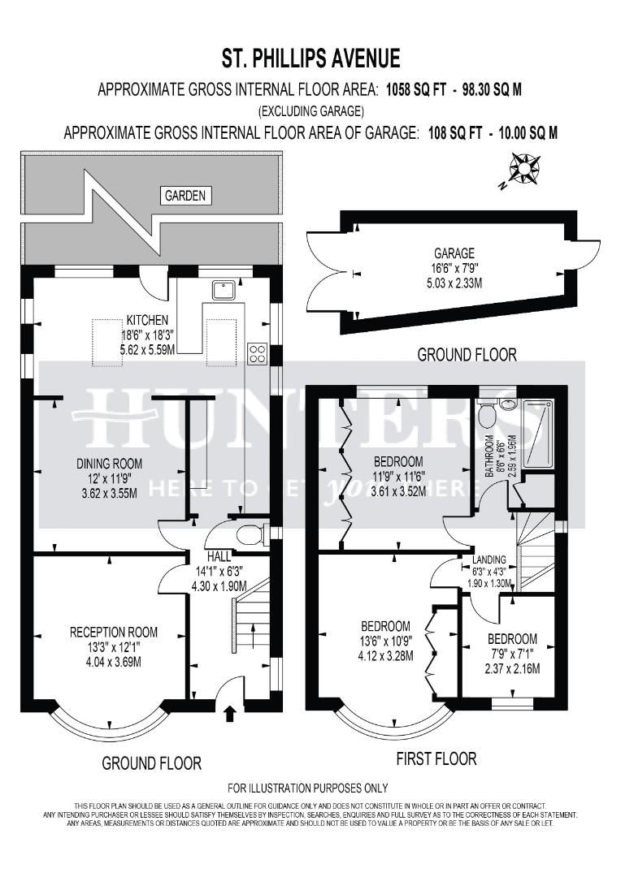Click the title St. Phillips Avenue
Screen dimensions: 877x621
pos(310,58)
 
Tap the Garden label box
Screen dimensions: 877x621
pos(186,195)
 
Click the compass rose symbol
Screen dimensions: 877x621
pos(524,170)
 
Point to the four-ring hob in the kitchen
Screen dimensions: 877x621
pos(258,353)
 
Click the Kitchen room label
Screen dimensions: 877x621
pos(146,320)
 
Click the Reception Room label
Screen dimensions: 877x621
pos(114,632)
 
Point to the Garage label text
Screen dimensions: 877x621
pos(454,253)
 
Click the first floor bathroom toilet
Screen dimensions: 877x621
pos(487,416)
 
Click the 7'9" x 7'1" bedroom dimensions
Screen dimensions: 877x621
pos(512,654)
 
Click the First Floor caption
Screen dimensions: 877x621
pos(436,759)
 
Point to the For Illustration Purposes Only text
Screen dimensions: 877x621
pos(308,788)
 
